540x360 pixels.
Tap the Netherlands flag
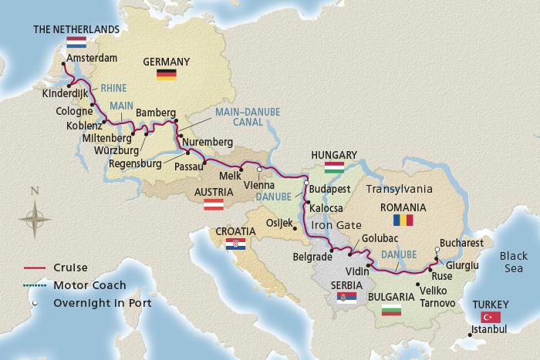(76, 42)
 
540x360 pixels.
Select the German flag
(166, 74)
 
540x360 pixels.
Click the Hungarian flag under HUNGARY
(333, 168)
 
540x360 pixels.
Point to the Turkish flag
(490, 317)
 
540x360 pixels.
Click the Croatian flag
(235, 244)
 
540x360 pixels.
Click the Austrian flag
(214, 205)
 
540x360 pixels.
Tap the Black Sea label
(515, 263)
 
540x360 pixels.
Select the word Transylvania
(400, 187)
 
